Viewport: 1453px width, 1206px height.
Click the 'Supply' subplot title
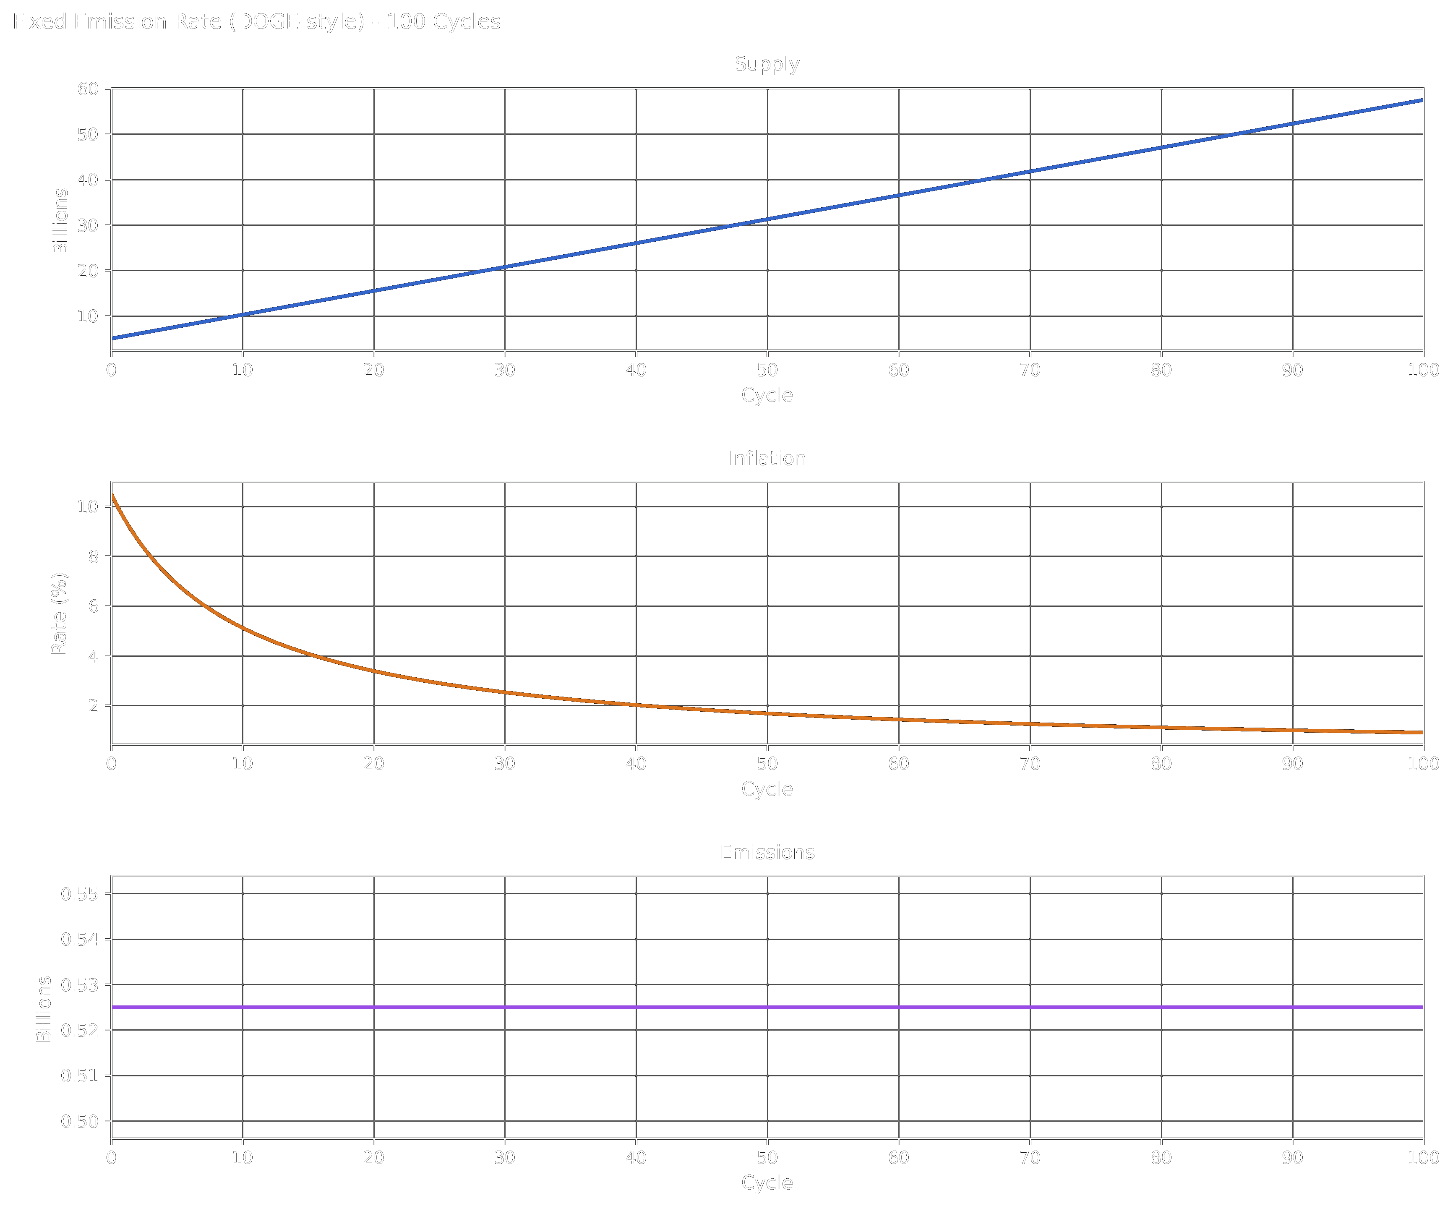[767, 64]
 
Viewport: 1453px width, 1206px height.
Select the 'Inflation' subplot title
[767, 459]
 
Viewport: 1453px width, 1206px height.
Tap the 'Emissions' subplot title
[767, 852]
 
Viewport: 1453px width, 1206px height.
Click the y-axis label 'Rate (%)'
[60, 613]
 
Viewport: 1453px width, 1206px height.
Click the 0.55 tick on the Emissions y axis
[80, 894]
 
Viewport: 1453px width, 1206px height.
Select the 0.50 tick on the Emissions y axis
[80, 1122]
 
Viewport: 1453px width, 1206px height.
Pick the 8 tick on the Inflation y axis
[94, 556]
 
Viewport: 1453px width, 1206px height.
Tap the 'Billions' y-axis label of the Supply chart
[61, 222]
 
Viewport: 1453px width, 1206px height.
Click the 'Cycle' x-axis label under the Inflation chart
[767, 789]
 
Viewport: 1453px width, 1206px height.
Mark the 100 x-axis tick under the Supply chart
[1422, 370]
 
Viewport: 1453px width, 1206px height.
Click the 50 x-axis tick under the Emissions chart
[767, 1158]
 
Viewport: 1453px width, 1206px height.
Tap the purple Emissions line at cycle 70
[1030, 1008]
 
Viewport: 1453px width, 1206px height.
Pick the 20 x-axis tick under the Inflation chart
[373, 764]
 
